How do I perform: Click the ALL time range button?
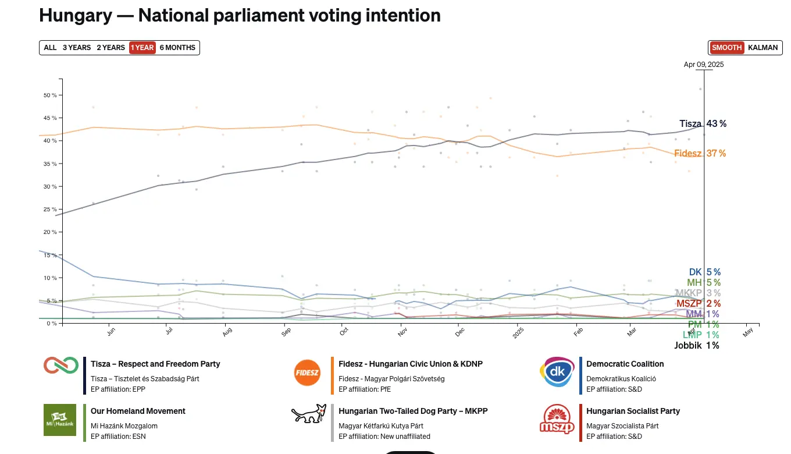(50, 48)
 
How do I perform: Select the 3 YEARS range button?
(77, 48)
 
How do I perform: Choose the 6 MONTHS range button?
(177, 48)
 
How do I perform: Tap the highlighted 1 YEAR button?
(142, 48)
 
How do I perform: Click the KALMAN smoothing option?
(763, 48)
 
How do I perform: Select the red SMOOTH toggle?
(726, 48)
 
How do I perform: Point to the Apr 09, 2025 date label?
(704, 65)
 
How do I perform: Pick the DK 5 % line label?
(704, 272)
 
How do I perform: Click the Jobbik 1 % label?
(696, 345)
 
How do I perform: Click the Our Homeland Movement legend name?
(138, 411)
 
